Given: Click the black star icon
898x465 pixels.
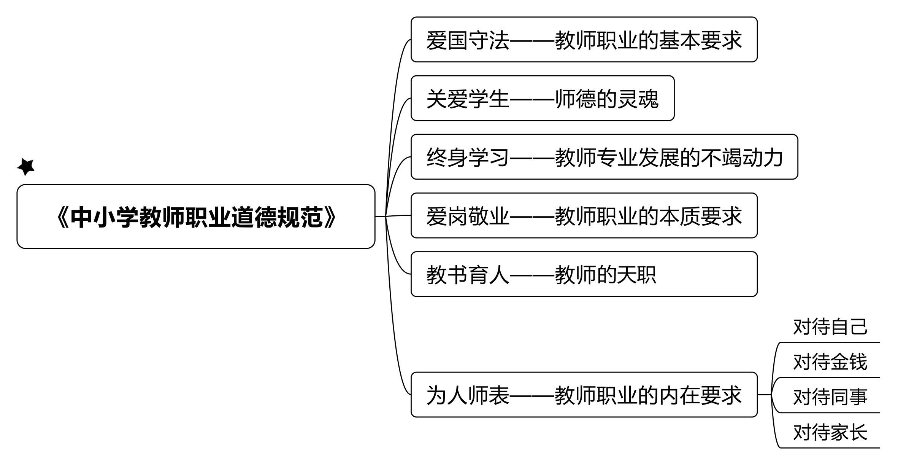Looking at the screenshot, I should coord(26,167).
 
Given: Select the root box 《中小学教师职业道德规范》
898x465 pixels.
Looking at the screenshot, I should coord(196,217).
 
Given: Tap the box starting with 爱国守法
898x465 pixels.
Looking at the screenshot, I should coord(584,40).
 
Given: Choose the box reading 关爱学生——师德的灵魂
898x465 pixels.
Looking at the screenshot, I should coord(543,98).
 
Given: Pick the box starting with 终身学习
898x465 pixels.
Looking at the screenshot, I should coord(604,157).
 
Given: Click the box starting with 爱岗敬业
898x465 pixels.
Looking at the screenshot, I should coord(584,215).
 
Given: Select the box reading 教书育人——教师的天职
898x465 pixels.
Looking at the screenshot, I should coord(584,274).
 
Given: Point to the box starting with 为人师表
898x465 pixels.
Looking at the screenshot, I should coord(584,395).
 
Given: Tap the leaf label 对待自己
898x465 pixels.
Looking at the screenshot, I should coord(830,327).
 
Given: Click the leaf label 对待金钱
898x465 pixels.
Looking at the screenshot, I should coord(830,362).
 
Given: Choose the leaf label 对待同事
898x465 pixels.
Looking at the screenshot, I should coord(830,397).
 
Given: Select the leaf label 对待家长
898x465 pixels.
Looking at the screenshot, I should coord(830,432).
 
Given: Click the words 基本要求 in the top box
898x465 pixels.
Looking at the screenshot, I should coord(700,40).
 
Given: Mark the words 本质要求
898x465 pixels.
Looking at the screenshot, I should coord(700,216).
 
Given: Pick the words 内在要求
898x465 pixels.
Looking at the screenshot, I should coord(700,395).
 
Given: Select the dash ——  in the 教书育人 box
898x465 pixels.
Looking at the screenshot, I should coord(532,275).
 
